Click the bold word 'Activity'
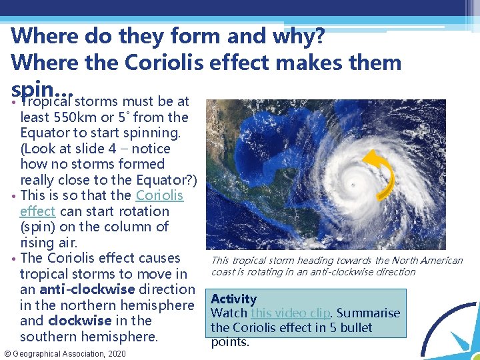[233, 299]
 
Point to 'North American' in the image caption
[430, 261]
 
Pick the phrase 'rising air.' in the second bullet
[49, 243]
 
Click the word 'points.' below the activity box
[230, 342]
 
